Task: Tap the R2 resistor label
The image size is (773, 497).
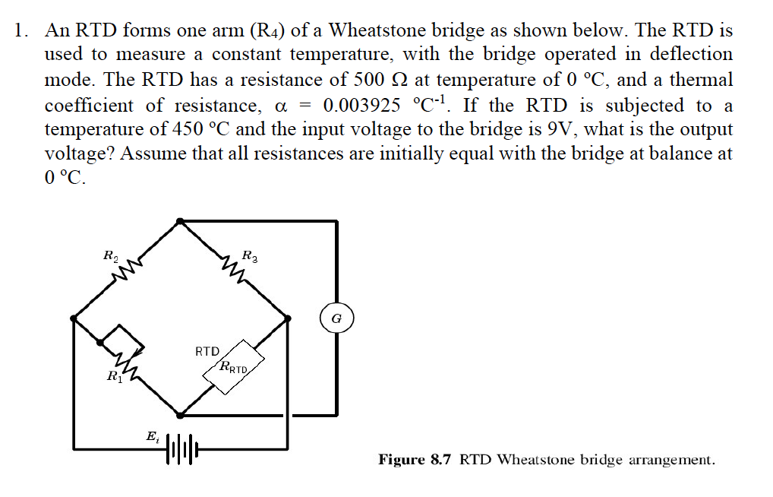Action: click(110, 255)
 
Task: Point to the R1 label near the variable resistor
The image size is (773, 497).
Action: click(113, 375)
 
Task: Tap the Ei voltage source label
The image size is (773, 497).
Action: click(152, 437)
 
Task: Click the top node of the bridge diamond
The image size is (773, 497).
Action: click(179, 221)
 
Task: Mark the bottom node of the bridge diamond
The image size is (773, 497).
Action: click(179, 415)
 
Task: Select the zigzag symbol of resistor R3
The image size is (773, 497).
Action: click(231, 267)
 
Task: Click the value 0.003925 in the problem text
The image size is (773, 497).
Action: click(361, 105)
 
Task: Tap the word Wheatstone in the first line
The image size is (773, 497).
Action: click(377, 30)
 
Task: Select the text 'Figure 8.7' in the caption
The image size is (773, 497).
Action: click(416, 460)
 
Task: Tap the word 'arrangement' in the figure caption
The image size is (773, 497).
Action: click(671, 460)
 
